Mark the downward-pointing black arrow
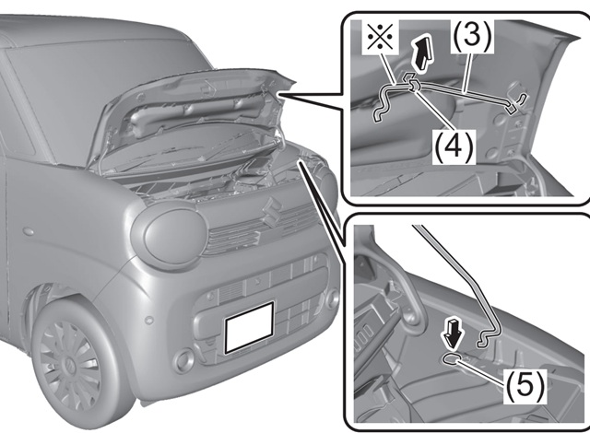click(452, 328)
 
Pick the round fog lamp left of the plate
click(185, 356)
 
